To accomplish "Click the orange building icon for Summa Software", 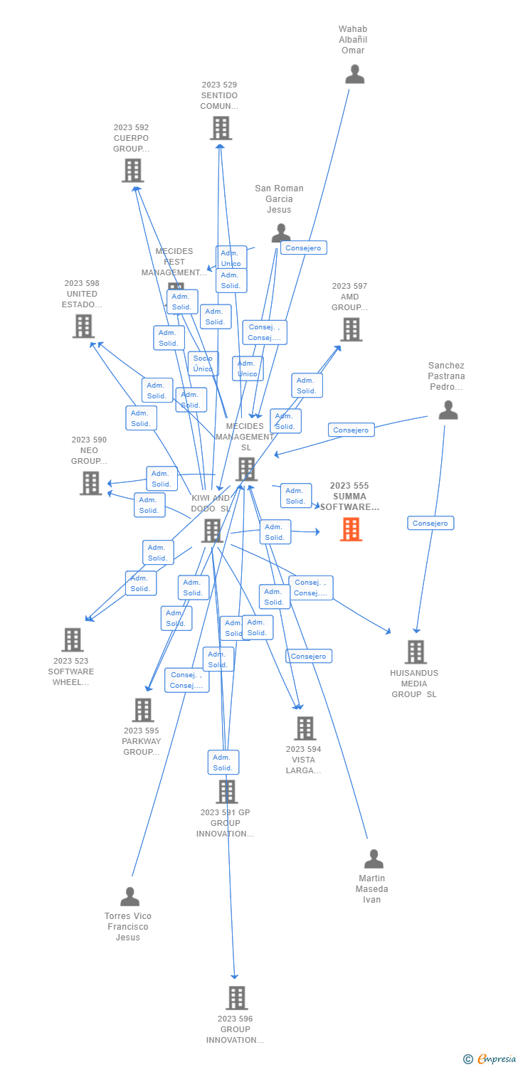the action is (351, 529).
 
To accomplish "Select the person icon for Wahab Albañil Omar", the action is (354, 74).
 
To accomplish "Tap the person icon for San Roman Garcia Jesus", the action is (281, 233).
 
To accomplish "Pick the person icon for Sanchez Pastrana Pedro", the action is (448, 410).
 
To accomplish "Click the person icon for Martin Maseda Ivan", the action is (374, 859).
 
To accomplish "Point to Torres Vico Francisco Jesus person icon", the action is (129, 896).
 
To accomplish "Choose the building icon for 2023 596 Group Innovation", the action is (237, 998).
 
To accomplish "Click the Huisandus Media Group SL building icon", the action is (416, 652).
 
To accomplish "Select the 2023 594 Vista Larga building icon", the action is (305, 728).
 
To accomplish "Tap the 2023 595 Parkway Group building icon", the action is (143, 710).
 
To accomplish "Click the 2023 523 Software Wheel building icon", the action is (73, 639).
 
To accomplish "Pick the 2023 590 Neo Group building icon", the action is (91, 483).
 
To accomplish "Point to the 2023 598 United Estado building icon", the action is (83, 327).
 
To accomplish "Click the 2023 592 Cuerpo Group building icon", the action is (133, 171).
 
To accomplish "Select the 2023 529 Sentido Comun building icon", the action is (221, 128).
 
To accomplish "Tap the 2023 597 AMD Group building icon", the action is (351, 329).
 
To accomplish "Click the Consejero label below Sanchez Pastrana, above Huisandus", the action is (430, 524).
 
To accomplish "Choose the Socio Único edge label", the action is (203, 363).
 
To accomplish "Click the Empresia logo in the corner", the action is (490, 1059).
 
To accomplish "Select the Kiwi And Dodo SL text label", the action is (211, 504).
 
